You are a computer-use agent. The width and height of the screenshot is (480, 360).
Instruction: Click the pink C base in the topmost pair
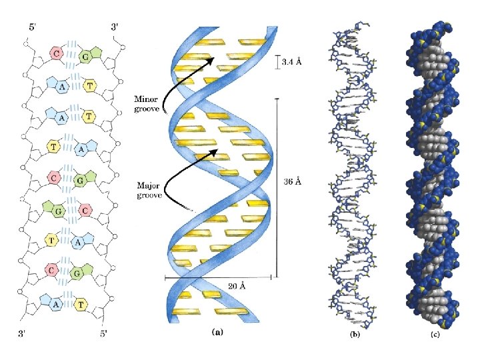57,53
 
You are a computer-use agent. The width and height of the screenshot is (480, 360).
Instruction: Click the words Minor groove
146,104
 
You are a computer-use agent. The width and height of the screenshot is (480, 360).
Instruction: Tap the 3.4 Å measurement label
292,62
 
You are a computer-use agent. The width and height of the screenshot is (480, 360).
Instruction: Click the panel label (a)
218,331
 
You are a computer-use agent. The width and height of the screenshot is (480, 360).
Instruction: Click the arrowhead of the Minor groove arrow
211,60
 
